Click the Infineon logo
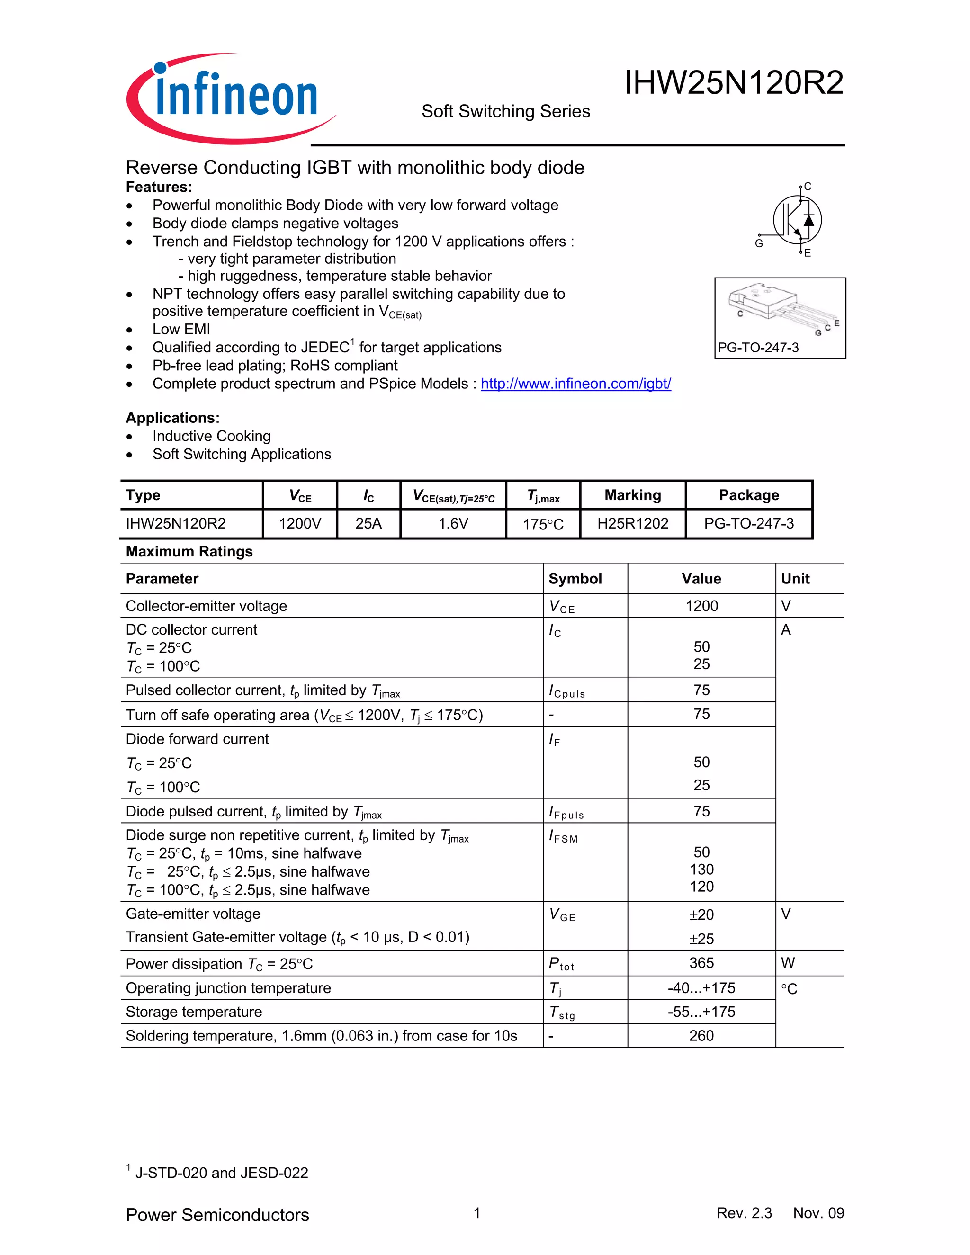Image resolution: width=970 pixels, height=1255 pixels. click(230, 98)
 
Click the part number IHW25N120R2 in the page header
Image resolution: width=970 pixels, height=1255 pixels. click(733, 83)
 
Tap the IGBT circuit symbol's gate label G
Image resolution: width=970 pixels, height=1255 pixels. click(759, 243)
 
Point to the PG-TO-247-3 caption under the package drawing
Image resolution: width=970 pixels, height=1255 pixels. click(758, 348)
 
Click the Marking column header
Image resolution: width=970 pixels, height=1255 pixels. click(632, 495)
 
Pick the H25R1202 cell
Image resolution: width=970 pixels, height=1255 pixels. click(632, 523)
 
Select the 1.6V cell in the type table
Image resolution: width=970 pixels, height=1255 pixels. click(453, 523)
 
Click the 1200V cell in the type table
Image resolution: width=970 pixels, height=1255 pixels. click(299, 523)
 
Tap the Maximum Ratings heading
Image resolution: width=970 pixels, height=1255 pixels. click(189, 552)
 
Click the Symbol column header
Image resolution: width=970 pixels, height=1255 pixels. click(575, 579)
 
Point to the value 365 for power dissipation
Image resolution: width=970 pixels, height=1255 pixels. click(701, 963)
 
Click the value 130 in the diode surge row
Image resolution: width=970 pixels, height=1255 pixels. click(701, 870)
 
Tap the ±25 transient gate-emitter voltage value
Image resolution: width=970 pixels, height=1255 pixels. click(701, 939)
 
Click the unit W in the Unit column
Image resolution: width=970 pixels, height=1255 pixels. click(788, 963)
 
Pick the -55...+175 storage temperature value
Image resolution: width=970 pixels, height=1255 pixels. click(701, 1012)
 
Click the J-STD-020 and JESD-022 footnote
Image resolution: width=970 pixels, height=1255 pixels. click(221, 1173)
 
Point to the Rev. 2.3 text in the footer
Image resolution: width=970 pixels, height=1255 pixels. click(744, 1213)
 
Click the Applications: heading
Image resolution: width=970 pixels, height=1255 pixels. click(172, 418)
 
